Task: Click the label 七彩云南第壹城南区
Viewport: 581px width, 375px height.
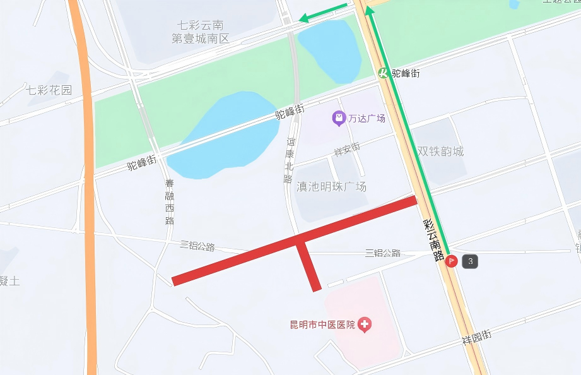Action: click(201, 32)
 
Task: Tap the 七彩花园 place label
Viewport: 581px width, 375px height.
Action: click(49, 90)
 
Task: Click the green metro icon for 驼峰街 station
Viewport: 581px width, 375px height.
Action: click(384, 73)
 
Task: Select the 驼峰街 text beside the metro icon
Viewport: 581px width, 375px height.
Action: click(406, 73)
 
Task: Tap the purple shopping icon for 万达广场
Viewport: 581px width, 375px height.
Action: click(339, 118)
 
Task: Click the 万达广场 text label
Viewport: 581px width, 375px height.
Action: click(367, 118)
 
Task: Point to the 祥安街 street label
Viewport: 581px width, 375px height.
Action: click(346, 150)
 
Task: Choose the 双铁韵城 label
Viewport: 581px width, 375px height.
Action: click(440, 152)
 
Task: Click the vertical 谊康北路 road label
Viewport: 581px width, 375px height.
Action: click(289, 160)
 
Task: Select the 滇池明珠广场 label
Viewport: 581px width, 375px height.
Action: click(332, 186)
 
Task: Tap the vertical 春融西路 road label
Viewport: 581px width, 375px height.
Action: click(169, 202)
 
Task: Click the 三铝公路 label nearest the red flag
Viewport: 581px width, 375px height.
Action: click(383, 253)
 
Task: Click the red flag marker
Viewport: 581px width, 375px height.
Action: click(452, 261)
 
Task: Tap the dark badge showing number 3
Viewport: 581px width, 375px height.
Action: click(470, 261)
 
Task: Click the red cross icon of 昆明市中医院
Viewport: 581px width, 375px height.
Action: click(364, 325)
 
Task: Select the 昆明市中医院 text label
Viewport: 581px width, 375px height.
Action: click(322, 325)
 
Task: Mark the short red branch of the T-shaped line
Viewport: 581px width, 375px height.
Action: click(308, 266)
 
